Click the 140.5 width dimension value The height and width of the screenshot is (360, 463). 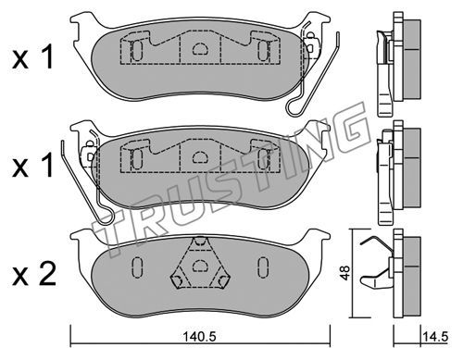(x=200, y=337)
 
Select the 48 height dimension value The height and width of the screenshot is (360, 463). (x=345, y=273)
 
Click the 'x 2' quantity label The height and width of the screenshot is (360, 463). (x=34, y=274)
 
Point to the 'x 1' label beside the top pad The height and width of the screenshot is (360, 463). (x=33, y=57)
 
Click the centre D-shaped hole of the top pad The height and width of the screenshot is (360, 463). (x=200, y=48)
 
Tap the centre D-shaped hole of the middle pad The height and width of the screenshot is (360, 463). (x=200, y=157)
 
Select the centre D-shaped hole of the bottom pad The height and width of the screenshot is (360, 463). (x=200, y=266)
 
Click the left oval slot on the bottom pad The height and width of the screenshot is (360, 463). (x=137, y=267)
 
